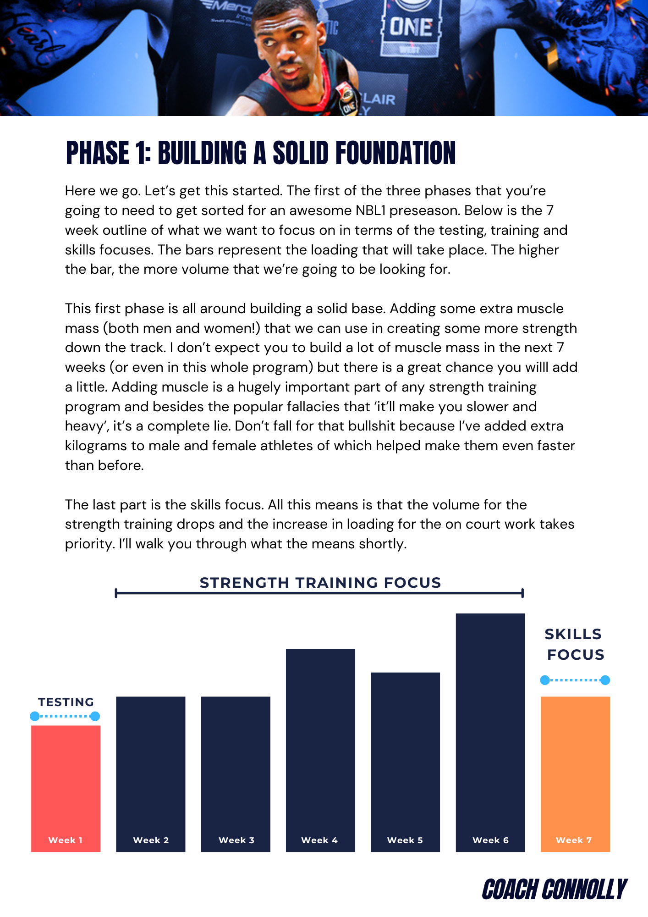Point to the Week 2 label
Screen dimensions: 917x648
click(x=151, y=840)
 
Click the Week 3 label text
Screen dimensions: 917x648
click(x=236, y=840)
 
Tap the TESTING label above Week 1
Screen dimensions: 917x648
click(x=66, y=702)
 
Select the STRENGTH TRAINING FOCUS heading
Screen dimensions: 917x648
click(x=320, y=583)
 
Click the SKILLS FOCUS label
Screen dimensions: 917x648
click(x=575, y=644)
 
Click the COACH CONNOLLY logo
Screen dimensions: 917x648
click(x=554, y=889)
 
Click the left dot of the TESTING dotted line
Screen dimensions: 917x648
click(x=34, y=716)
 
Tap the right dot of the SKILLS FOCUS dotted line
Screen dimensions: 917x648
click(x=605, y=680)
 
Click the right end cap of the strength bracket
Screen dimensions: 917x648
click(x=522, y=593)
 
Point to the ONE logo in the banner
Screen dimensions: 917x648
click(x=411, y=28)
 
